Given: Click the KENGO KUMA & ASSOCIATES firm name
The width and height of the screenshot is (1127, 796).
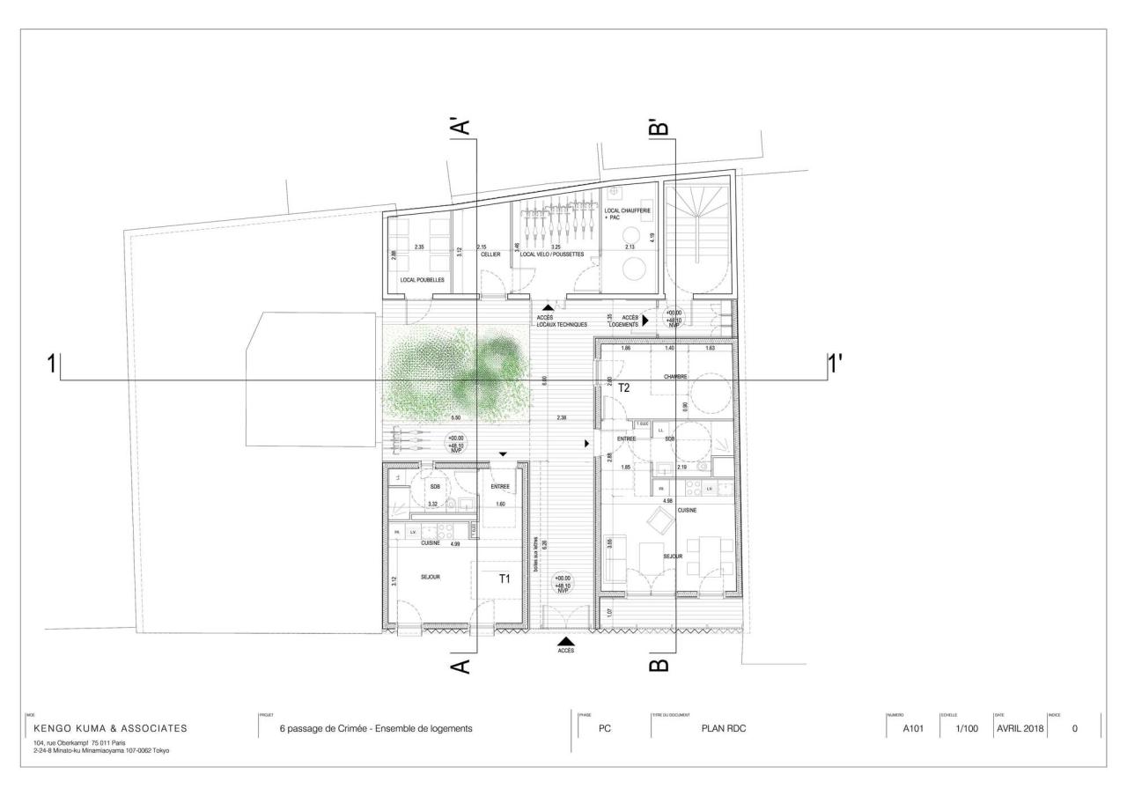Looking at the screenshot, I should click(110, 728).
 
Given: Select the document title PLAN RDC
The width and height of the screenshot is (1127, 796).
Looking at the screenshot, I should click(724, 728).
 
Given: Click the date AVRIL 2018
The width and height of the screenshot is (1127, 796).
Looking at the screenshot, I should click(1019, 728).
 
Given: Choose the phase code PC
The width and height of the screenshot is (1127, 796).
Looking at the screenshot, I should click(604, 728).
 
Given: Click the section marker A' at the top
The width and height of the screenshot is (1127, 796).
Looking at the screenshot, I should click(460, 126).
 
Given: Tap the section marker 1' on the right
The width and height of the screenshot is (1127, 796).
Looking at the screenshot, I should click(834, 362).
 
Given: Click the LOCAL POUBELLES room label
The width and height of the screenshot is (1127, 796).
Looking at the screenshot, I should click(422, 280).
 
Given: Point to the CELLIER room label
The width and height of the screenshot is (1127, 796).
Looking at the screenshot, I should click(490, 254).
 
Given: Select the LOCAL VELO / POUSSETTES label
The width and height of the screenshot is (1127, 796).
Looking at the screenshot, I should click(553, 254).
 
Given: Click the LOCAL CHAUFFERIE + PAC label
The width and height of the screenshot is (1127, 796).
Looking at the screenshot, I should click(627, 214).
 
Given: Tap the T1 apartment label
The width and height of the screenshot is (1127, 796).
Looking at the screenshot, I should click(505, 579).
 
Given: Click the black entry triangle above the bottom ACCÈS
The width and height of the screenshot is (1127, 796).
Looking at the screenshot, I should click(566, 642).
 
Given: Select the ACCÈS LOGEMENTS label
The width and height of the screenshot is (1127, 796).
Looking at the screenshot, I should click(630, 321).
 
